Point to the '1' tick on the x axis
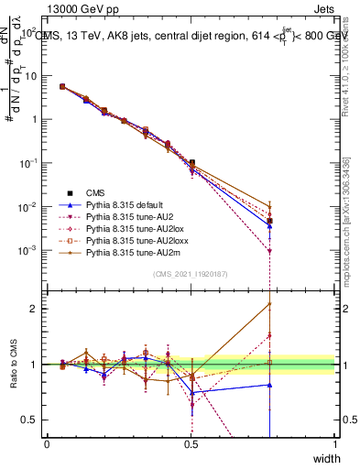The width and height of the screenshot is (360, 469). tap(335, 444)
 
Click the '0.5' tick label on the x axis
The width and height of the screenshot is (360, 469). tap(191, 444)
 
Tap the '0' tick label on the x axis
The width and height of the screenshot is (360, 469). tap(48, 444)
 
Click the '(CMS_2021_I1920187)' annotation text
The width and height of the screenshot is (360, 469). tap(191, 274)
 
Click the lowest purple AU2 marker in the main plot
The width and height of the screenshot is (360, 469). tap(269, 251)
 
